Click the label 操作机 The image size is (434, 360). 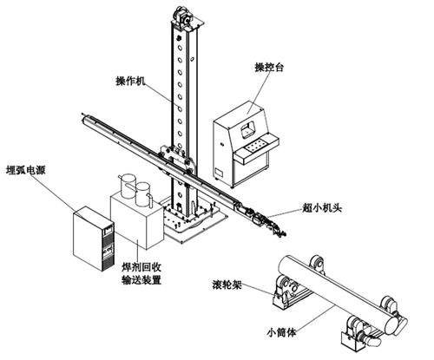click(130, 82)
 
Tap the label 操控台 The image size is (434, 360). click(269, 67)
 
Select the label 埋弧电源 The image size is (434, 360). click(26, 170)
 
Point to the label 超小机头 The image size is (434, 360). click(322, 207)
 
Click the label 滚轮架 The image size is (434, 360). click(227, 285)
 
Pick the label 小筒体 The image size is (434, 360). click(281, 332)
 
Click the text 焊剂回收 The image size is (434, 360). click(141, 267)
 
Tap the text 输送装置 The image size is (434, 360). click(141, 280)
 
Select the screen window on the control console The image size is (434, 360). click(248, 129)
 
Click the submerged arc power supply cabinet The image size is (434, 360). click(93, 239)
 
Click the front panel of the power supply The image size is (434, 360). click(108, 246)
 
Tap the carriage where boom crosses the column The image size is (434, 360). click(176, 159)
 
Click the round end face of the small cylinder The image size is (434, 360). click(392, 324)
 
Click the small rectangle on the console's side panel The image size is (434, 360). click(220, 173)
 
